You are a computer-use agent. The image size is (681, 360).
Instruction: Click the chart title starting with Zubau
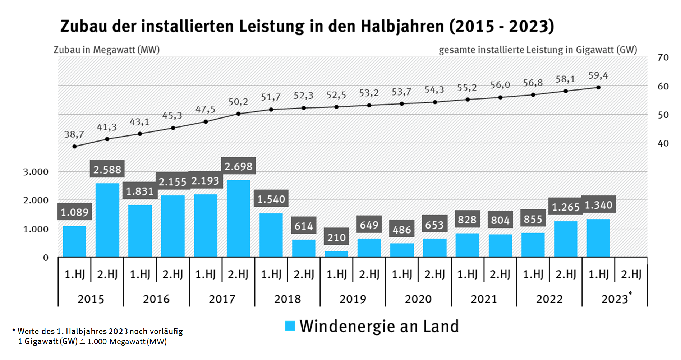click(x=307, y=26)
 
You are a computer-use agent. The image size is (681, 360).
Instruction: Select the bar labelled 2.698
click(x=238, y=218)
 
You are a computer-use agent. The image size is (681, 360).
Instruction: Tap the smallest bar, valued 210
click(x=336, y=254)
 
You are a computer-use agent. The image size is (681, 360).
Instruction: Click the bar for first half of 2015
click(x=74, y=241)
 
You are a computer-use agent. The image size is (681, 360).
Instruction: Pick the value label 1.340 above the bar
click(x=598, y=205)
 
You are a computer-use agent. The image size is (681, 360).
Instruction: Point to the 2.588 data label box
click(x=107, y=169)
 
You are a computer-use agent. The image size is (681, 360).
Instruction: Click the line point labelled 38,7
click(x=74, y=147)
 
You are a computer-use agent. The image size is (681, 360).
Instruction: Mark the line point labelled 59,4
click(x=598, y=87)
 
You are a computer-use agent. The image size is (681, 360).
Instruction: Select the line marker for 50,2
click(x=238, y=114)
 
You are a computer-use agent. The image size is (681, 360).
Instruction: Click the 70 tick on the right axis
click(x=663, y=57)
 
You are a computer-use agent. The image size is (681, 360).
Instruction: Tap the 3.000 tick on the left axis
click(x=36, y=172)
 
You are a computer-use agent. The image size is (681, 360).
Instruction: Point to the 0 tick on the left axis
click(x=46, y=258)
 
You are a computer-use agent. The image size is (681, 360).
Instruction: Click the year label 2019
click(x=353, y=299)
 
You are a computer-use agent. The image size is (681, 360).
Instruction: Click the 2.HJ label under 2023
click(x=631, y=274)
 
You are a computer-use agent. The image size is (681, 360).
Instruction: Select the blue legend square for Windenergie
click(x=290, y=326)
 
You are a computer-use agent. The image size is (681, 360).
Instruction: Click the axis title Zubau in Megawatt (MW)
click(x=106, y=50)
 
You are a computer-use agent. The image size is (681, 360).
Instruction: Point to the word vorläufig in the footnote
click(x=166, y=331)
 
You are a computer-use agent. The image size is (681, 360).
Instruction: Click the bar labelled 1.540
click(x=271, y=235)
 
